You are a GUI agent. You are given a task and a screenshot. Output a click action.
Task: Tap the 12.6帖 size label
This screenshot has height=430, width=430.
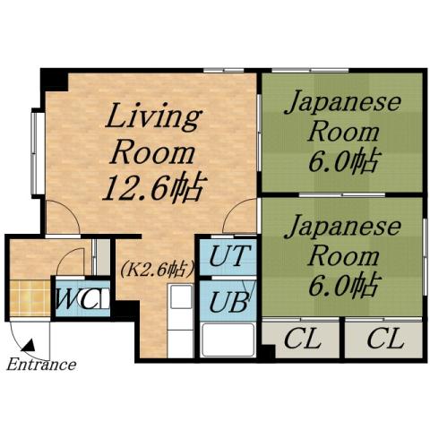153,188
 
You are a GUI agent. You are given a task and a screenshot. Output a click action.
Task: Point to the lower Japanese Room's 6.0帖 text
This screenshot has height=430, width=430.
341,287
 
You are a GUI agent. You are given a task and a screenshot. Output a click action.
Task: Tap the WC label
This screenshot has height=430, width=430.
79,297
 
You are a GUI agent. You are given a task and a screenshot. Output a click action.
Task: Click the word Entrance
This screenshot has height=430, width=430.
41,365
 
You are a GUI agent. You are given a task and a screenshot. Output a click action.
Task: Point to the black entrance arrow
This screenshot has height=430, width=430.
29,343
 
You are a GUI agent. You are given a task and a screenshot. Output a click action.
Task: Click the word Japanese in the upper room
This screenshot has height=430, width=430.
341,104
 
